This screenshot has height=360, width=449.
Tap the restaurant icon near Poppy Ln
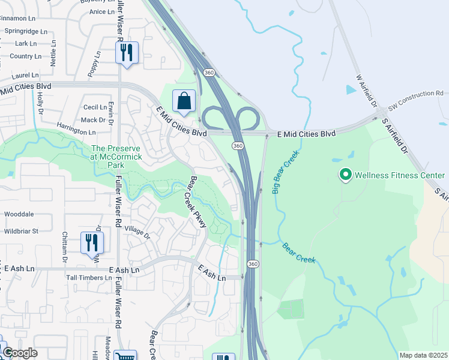tap(127, 52)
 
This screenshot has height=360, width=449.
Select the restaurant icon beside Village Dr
tap(92, 242)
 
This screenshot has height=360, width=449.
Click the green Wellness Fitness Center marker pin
tap(345, 175)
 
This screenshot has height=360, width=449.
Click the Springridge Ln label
tap(25, 31)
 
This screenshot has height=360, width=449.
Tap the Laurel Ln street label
tap(25, 76)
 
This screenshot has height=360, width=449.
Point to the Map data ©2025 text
tap(423, 355)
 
